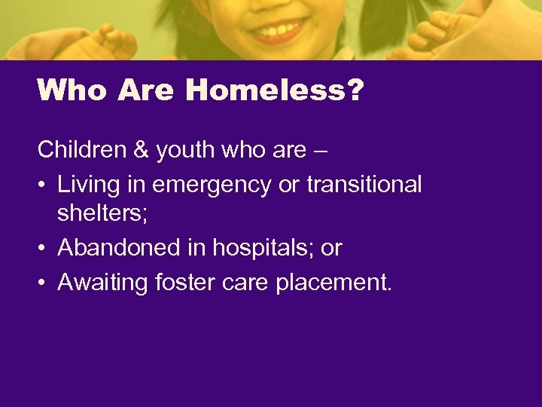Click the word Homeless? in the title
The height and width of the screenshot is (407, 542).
275,91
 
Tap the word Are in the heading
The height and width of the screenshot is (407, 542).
146,91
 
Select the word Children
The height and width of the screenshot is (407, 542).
82,150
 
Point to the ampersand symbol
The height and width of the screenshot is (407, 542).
140,150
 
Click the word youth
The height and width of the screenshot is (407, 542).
185,150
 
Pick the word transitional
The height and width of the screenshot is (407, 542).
364,184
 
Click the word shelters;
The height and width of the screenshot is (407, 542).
102,216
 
